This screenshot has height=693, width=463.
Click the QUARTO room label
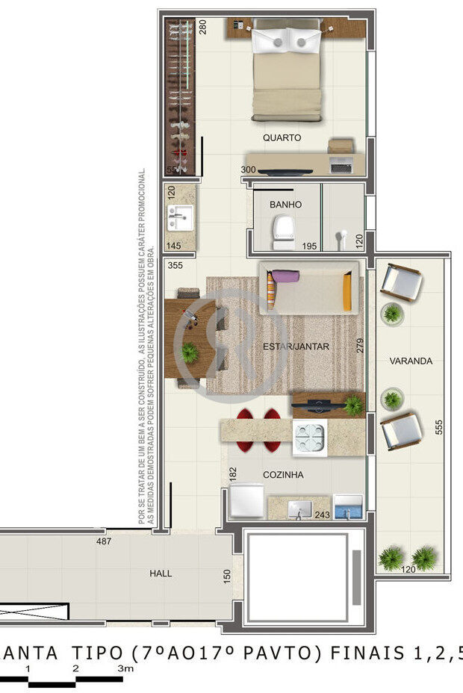tap(282, 138)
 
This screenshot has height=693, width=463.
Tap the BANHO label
tap(285, 204)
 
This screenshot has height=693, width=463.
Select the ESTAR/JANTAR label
tap(306, 346)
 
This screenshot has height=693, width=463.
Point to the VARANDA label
tap(411, 361)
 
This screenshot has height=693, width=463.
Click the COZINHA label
tap(283, 474)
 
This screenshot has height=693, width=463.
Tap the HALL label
tap(161, 574)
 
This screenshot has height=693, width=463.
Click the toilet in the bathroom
tap(284, 230)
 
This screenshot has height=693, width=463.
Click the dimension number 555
tap(439, 426)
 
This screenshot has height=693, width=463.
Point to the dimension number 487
tap(104, 541)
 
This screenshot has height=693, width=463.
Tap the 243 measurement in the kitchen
tap(322, 515)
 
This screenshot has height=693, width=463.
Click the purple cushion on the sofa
tap(285, 276)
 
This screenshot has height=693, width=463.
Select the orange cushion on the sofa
tap(347, 293)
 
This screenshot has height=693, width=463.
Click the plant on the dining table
tap(190, 352)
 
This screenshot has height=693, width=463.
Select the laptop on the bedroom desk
tap(341, 166)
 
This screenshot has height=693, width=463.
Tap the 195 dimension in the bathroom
tap(308, 246)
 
